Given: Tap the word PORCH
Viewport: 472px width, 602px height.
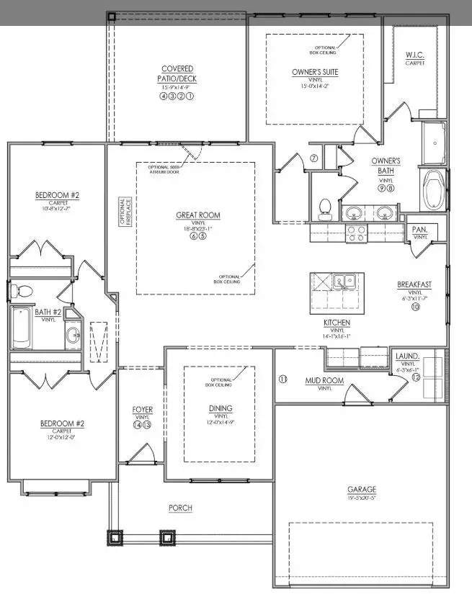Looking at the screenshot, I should coord(180,508).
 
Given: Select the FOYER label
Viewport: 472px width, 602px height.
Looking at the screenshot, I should coord(142,410).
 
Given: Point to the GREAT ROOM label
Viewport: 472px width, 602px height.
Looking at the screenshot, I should coord(198,215).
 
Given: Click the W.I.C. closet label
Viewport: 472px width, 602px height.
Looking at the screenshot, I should coord(414,55).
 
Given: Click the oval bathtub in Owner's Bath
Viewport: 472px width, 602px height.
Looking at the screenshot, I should coord(435,189).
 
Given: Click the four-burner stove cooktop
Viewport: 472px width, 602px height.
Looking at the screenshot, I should coord(356,233).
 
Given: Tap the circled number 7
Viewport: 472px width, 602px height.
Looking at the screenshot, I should coord(314,158).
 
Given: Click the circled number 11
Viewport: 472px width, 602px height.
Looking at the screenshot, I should coord(282,379).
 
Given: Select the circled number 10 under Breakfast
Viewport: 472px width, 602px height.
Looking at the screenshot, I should coord(415,306).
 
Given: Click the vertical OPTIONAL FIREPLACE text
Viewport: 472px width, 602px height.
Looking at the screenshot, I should coord(123,212).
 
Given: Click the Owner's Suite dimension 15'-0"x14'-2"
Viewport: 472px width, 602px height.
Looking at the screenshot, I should coord(314,86).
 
